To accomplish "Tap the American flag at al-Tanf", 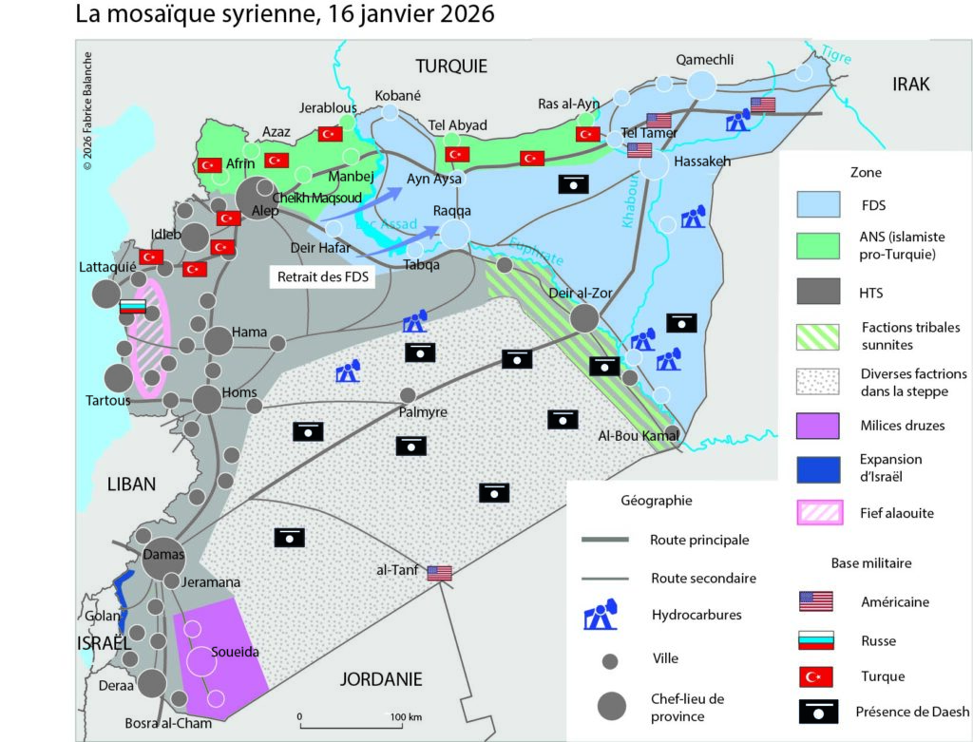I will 439,572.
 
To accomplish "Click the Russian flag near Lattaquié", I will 131,307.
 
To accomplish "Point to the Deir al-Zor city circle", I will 584,316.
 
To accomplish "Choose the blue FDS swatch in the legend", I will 817,204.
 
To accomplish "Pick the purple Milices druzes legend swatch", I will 817,425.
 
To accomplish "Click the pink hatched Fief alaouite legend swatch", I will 817,513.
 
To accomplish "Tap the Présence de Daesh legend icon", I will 817,711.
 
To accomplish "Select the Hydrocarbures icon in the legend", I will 601,616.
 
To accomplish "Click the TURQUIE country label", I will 451,66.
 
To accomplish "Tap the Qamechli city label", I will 704,60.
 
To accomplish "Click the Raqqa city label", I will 451,211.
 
